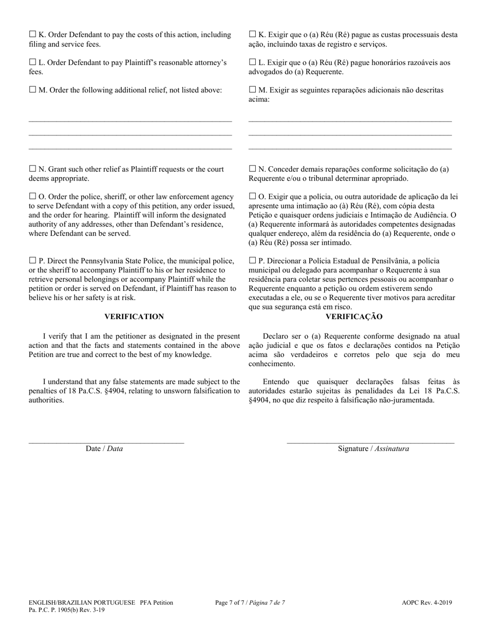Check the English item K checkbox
click(x=32, y=34)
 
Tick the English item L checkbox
click(x=32, y=62)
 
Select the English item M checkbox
click(x=32, y=90)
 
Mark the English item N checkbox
click(x=32, y=169)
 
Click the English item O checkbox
click(x=32, y=196)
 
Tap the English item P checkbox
click(x=32, y=260)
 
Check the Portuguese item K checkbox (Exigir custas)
click(x=252, y=34)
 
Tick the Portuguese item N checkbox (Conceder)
click(x=252, y=169)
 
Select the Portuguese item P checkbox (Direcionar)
click(x=252, y=260)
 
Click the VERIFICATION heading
click(x=134, y=317)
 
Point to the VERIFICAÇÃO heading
click(x=354, y=317)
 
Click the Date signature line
click(x=106, y=442)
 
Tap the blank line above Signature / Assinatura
click(x=370, y=442)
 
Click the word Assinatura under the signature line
click(x=392, y=448)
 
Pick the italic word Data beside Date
click(x=115, y=448)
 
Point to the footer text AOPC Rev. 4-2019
click(x=427, y=603)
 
